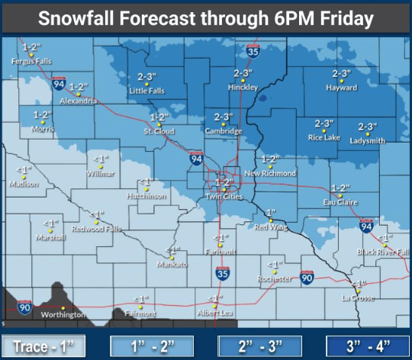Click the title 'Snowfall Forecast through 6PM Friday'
206,18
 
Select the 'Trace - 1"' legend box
43,347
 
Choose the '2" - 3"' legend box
259,347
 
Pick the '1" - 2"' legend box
151,347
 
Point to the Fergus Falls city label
32,60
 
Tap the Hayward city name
341,88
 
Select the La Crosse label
358,297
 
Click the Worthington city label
63,313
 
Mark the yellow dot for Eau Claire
341,195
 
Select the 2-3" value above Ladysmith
368,127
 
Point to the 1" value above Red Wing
270,211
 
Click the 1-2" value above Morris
43,114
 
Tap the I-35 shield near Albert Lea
223,272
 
